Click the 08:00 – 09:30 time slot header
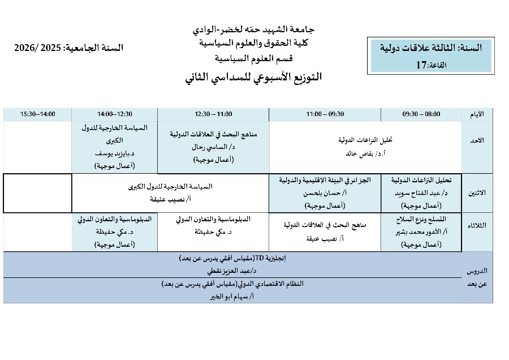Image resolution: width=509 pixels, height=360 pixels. tap(421, 114)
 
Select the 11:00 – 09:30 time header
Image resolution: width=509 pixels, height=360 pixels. tap(325, 114)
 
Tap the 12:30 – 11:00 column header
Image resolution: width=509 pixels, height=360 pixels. tap(213, 114)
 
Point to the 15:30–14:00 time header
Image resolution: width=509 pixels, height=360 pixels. tap(38, 114)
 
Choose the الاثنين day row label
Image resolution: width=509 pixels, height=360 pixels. tap(477, 192)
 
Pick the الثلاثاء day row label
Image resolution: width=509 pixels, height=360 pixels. tap(477, 225)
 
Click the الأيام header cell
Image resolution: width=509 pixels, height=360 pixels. tap(477, 114)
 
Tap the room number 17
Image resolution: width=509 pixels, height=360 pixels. tap(421, 65)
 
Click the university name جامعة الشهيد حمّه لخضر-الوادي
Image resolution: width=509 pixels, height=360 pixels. tap(254, 29)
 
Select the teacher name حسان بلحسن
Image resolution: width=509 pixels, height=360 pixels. tap(323, 193)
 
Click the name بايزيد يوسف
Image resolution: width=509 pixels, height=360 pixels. tap(113, 153)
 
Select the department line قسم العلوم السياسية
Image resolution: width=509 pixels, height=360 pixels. tap(253, 58)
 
